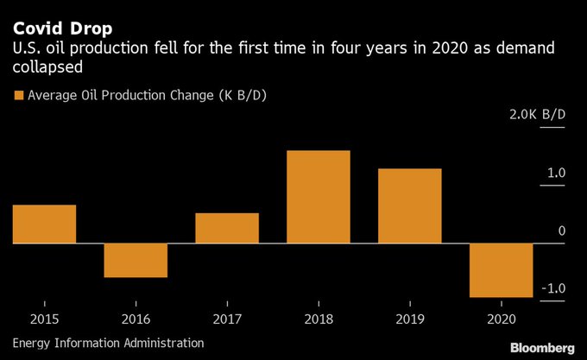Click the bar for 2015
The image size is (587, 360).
[x=44, y=224]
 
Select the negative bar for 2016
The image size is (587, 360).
[x=136, y=261]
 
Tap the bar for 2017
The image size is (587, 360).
[x=227, y=228]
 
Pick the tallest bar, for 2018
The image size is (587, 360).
[x=319, y=197]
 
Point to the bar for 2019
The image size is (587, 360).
[x=410, y=205]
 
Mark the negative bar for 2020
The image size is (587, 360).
[x=502, y=270]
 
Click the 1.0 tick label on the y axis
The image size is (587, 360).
[x=555, y=174]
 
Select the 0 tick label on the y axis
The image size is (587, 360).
[x=561, y=231]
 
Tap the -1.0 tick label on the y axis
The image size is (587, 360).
[x=553, y=288]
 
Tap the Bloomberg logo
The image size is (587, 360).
[x=541, y=347]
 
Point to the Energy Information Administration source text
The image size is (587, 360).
[x=109, y=344]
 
